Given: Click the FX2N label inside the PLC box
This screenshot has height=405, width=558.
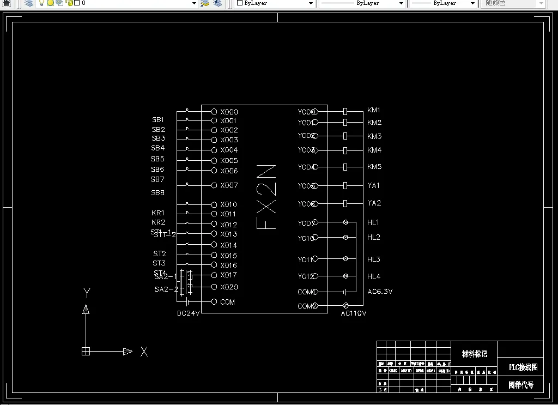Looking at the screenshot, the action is [x=267, y=197].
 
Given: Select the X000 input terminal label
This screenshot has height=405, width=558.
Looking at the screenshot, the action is [x=229, y=112].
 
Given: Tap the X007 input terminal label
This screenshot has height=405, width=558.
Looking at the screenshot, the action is [x=229, y=185].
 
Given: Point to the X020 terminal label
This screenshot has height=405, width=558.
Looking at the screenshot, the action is [x=229, y=287].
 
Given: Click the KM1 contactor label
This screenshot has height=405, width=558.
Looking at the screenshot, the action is [x=374, y=110].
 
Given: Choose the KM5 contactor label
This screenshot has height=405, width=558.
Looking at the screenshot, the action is [x=374, y=167].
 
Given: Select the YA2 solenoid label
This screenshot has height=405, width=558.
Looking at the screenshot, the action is [x=374, y=203].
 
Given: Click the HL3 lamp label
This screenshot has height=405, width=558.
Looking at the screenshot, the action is [x=374, y=259].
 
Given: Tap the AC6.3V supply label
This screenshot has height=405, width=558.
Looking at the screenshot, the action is [x=380, y=292].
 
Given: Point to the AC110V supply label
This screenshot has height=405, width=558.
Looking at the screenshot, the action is [x=354, y=313].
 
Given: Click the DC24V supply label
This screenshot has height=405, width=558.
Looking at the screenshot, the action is [x=189, y=313].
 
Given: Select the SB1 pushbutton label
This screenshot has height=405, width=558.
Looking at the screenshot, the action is [x=158, y=120].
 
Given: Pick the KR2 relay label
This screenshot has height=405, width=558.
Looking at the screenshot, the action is [x=158, y=222].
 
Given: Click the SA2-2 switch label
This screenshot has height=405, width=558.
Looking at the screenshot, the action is [x=166, y=289].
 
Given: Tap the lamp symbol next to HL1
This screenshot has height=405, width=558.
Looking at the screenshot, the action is [x=345, y=222].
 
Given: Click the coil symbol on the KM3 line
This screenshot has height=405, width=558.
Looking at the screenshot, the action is [x=345, y=136].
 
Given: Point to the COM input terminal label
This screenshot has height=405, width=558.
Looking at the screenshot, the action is [x=228, y=302].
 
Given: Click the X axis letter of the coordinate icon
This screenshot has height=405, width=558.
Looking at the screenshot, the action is [x=144, y=352].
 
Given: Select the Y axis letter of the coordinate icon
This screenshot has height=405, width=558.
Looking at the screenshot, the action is [x=86, y=293].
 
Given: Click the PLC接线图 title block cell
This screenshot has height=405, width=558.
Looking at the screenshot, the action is [x=523, y=367].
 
